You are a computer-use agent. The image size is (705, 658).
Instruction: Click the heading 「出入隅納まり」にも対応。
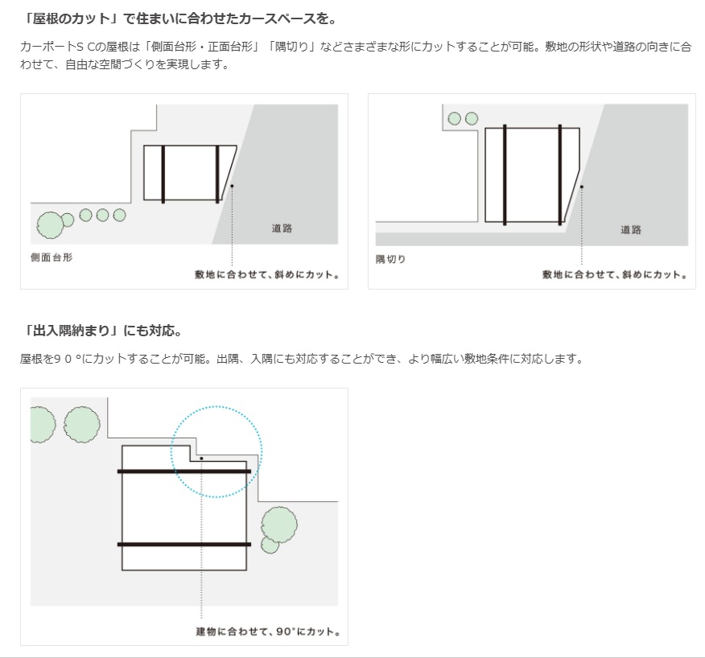click(x=102, y=331)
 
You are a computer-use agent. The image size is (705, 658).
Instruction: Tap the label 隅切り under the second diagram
click(x=391, y=259)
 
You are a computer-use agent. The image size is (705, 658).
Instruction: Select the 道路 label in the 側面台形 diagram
click(x=282, y=228)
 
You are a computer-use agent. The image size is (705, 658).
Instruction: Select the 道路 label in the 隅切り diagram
click(x=631, y=229)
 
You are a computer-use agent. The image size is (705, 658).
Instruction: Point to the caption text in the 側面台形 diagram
click(x=266, y=275)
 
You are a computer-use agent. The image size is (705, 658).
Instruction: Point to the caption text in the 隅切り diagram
click(x=614, y=275)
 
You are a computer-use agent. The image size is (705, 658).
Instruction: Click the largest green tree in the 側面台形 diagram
click(x=50, y=225)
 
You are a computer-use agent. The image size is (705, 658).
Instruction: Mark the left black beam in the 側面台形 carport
click(x=163, y=174)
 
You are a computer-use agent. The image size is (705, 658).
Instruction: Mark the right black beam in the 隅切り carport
click(x=560, y=174)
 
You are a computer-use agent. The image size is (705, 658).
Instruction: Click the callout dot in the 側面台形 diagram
click(x=231, y=186)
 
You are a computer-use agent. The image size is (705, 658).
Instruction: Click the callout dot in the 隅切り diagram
click(x=581, y=186)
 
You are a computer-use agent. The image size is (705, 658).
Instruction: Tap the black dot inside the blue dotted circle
click(x=201, y=458)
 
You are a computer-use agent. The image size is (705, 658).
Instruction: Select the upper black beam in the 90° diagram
click(x=184, y=471)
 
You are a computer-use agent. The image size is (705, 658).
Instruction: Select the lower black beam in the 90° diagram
click(x=184, y=545)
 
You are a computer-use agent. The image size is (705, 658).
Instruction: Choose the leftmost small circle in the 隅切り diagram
click(x=454, y=119)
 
